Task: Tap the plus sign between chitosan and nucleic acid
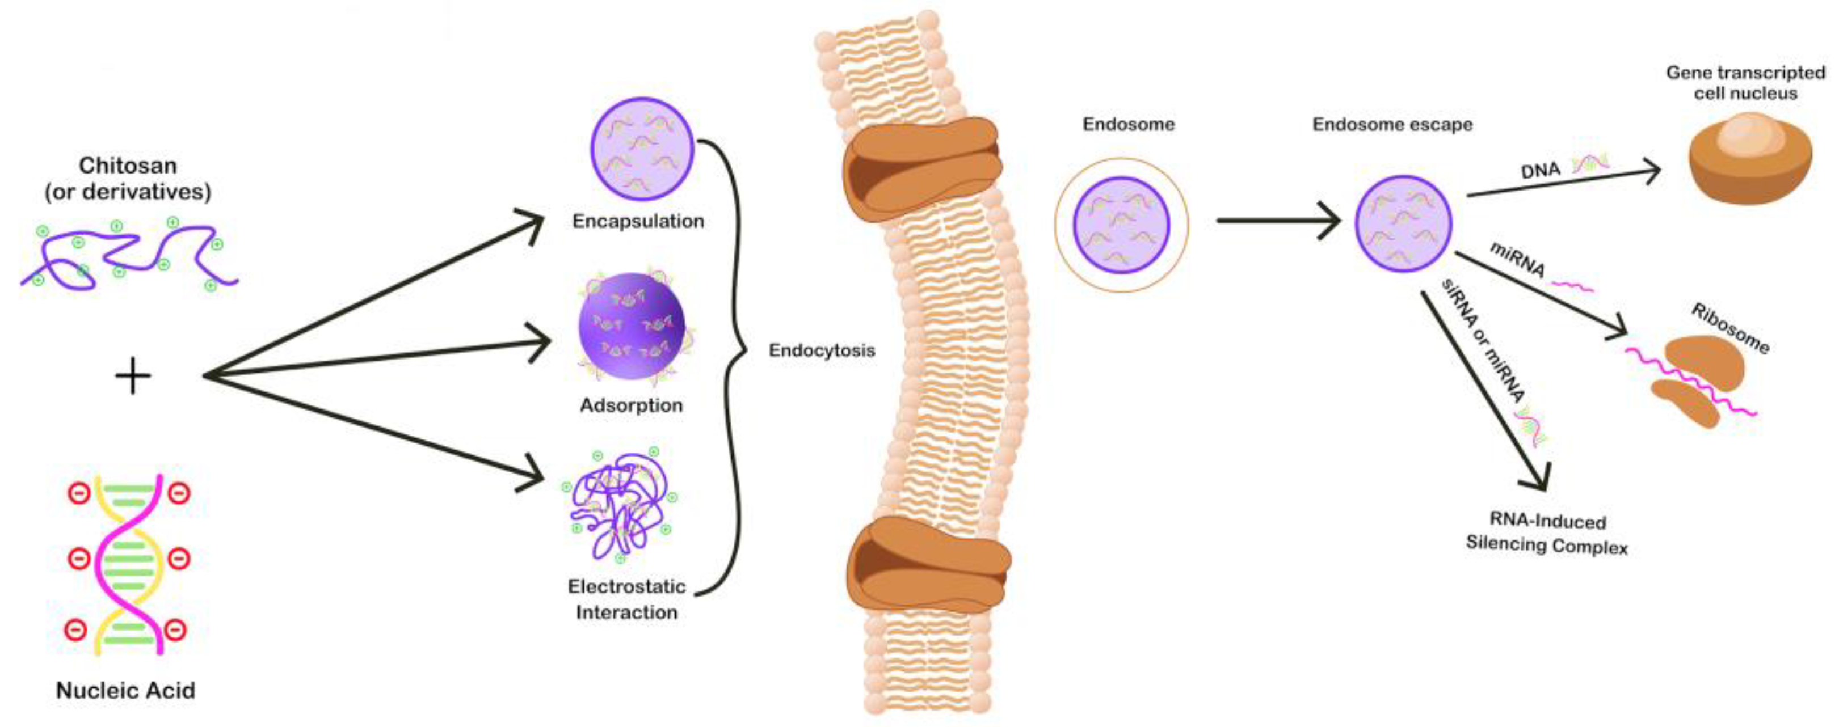pyautogui.click(x=133, y=376)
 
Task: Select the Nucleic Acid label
pyautogui.click(x=125, y=691)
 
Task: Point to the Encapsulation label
pyautogui.click(x=638, y=221)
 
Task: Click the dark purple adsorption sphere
pyautogui.click(x=631, y=327)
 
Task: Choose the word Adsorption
pyautogui.click(x=631, y=405)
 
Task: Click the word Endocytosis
pyautogui.click(x=822, y=351)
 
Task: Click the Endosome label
pyautogui.click(x=1128, y=124)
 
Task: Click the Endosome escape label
pyautogui.click(x=1392, y=125)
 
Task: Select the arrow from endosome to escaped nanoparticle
pyautogui.click(x=1278, y=221)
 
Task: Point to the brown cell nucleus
pyautogui.click(x=1749, y=160)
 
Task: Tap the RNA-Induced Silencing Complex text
pyautogui.click(x=1547, y=534)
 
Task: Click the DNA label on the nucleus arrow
pyautogui.click(x=1540, y=170)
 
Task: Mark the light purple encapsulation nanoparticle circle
pyautogui.click(x=642, y=149)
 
